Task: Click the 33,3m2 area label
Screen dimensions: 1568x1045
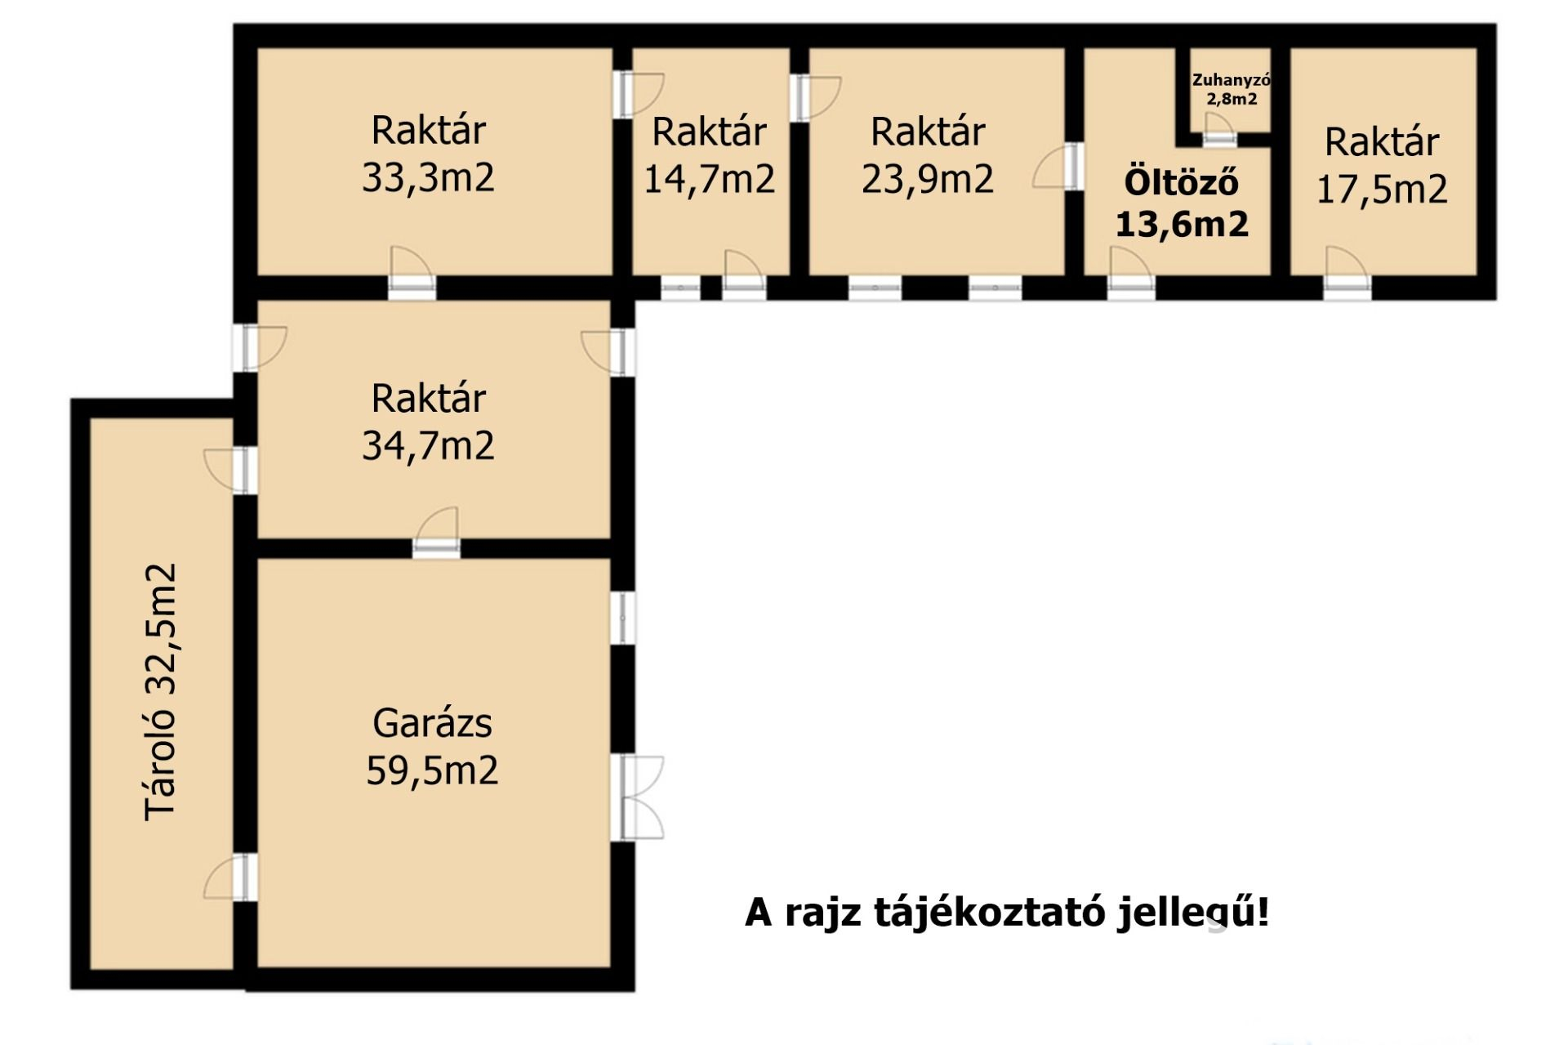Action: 428,177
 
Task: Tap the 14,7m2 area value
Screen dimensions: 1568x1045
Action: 709,179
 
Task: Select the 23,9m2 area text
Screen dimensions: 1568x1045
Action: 928,179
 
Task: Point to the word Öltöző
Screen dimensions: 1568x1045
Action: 1182,181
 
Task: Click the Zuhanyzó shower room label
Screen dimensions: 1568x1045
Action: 1231,80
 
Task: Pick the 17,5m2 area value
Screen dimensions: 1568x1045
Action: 1382,190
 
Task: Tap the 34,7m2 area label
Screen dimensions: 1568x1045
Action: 428,445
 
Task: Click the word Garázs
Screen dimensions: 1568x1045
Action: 432,723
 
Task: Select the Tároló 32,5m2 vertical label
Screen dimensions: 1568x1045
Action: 160,691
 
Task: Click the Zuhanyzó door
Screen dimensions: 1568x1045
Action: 1219,130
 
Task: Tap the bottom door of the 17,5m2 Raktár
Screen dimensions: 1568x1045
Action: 1347,273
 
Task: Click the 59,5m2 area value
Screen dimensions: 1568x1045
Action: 432,770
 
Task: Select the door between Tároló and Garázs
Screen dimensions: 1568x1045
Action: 230,878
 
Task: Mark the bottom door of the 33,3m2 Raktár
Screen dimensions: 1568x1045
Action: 412,273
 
